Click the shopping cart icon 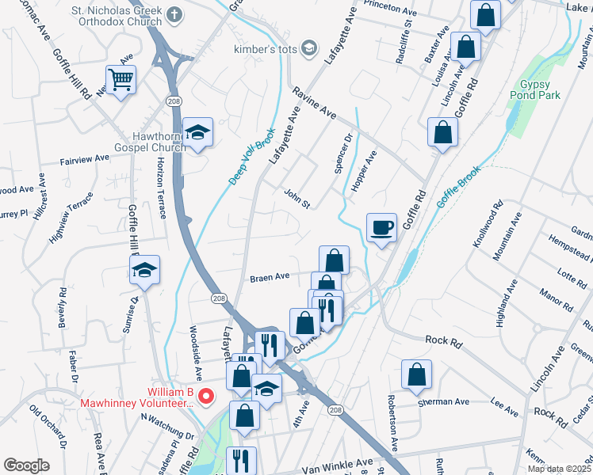tap(121, 79)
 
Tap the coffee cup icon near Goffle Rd tap(381, 228)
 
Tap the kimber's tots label tap(265, 49)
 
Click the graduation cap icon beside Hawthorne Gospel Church tap(197, 133)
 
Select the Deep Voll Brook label tap(253, 156)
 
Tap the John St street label tap(296, 199)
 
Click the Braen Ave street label tap(270, 278)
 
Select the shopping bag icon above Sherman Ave tap(416, 375)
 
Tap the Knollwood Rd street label tap(488, 225)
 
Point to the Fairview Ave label tap(85, 159)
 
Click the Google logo tap(26, 465)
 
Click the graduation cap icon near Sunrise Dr tap(145, 270)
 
